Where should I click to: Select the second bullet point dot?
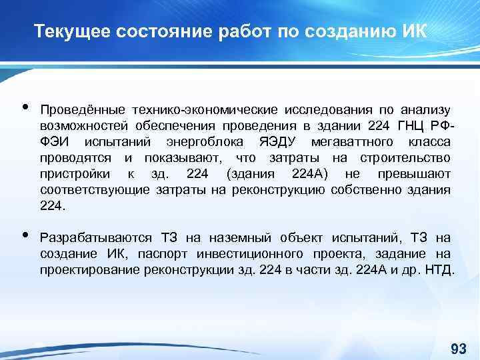[25, 235]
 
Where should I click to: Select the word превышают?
[418, 174]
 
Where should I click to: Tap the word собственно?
[363, 191]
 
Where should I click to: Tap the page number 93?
[458, 349]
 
